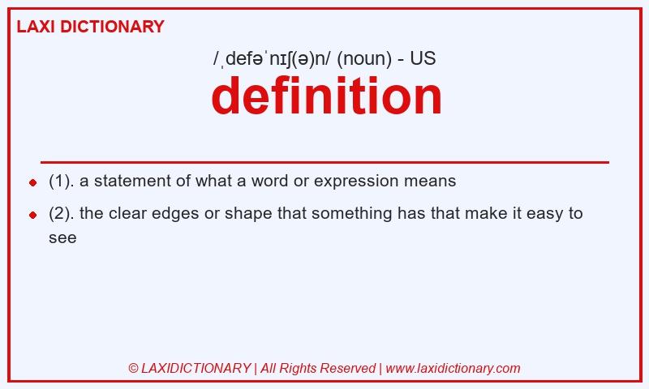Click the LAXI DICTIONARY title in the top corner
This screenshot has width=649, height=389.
pyautogui.click(x=90, y=27)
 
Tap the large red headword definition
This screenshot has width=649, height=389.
pyautogui.click(x=326, y=96)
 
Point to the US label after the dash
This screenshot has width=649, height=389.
pyautogui.click(x=423, y=59)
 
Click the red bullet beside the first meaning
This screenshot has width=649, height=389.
pyautogui.click(x=32, y=182)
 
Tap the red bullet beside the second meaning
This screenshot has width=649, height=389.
pyautogui.click(x=32, y=215)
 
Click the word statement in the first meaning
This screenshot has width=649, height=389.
pyautogui.click(x=130, y=181)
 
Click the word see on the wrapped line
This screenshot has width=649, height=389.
pyautogui.click(x=62, y=237)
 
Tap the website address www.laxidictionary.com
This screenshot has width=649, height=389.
pyautogui.click(x=453, y=368)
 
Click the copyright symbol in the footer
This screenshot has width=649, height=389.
pyautogui.click(x=133, y=368)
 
